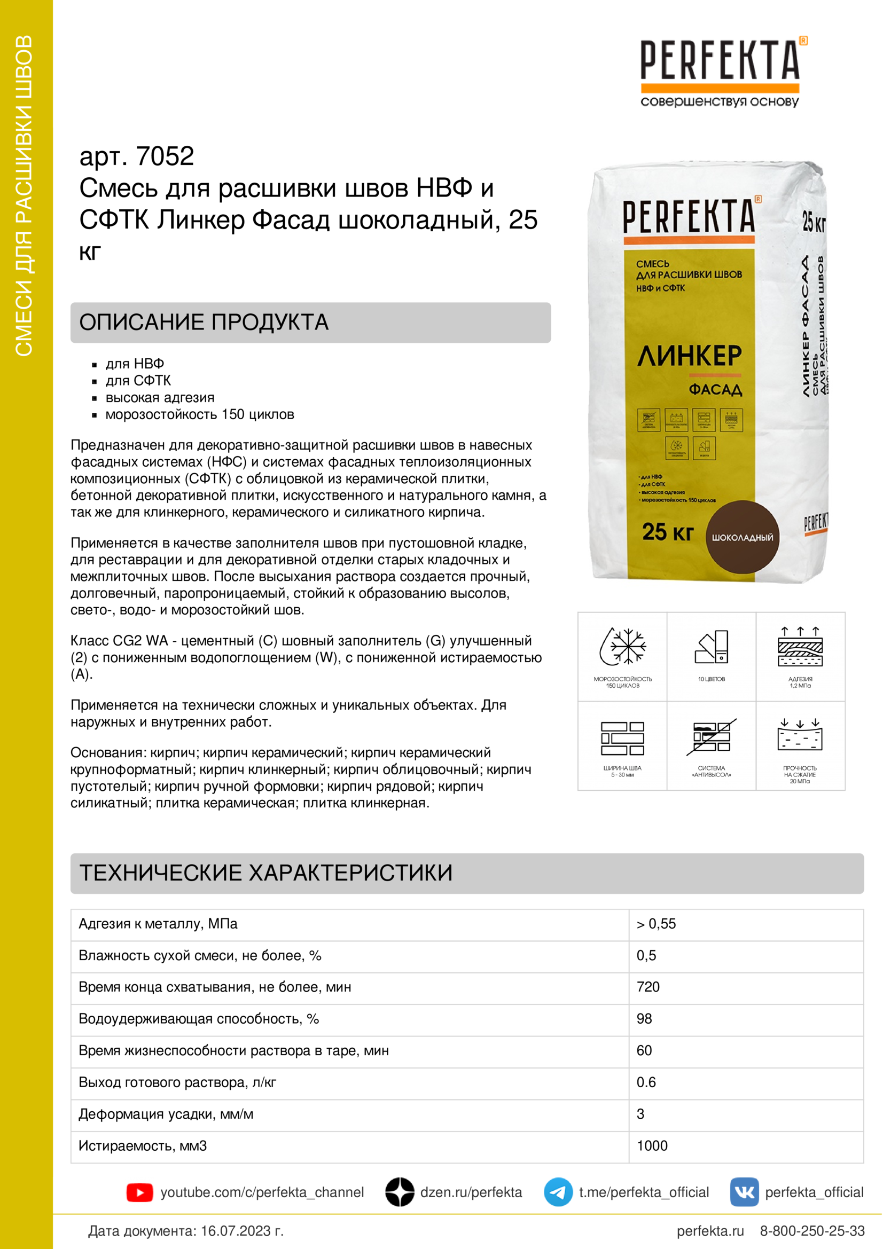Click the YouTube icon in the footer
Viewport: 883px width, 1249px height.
pos(139,1192)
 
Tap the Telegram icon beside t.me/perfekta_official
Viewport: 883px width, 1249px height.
pos(558,1192)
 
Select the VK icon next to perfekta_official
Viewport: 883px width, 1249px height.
pos(744,1192)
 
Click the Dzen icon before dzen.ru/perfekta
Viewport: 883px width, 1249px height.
pos(400,1192)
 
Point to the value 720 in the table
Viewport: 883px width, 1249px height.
pos(648,987)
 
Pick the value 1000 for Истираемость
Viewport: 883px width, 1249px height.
pos(652,1145)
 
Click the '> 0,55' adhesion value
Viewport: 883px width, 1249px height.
pos(656,924)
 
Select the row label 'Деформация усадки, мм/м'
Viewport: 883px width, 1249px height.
pos(166,1114)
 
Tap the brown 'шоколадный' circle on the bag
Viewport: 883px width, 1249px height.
pos(742,537)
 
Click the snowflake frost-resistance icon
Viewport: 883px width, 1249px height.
pos(622,647)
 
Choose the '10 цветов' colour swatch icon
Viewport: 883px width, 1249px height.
pos(711,647)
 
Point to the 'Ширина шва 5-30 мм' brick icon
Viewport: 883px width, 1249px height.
pos(622,738)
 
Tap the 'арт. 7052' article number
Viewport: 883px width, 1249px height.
pos(137,156)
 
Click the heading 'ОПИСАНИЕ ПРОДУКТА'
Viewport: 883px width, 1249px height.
pos(204,322)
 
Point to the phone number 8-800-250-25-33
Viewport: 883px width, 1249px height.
pos(812,1231)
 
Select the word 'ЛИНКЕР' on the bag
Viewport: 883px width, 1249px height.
pos(689,356)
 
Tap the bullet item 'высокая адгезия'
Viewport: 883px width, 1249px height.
pos(160,398)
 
